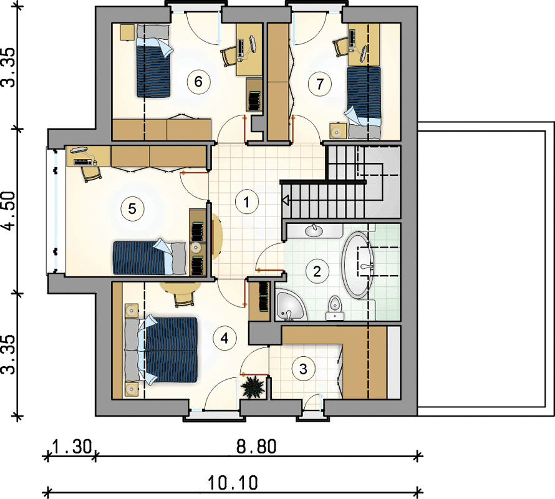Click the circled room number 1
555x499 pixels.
click(x=246, y=202)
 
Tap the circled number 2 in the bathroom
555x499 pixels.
click(x=317, y=271)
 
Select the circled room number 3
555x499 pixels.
click(x=303, y=369)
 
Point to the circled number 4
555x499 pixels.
click(x=224, y=339)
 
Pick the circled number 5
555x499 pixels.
click(x=132, y=208)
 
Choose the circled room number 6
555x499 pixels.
click(x=198, y=82)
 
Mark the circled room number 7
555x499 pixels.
click(x=320, y=84)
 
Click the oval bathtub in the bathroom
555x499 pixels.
click(x=358, y=264)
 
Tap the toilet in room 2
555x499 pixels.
click(x=335, y=308)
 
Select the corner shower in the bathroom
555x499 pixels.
click(x=289, y=306)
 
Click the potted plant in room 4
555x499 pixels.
click(x=253, y=387)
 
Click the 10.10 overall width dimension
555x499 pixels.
click(x=233, y=483)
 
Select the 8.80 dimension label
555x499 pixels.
click(x=256, y=447)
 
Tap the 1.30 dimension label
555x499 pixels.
click(x=72, y=447)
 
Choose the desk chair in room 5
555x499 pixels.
click(x=92, y=173)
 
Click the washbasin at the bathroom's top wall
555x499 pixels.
click(x=314, y=230)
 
